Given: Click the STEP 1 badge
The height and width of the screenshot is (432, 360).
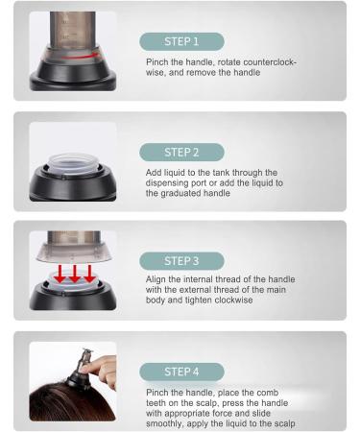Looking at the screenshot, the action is [181, 41].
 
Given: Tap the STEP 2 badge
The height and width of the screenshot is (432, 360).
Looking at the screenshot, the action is [181, 153].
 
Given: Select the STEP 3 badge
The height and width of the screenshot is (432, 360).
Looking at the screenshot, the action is [181, 261].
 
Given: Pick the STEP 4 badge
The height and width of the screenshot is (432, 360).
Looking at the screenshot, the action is [181, 372].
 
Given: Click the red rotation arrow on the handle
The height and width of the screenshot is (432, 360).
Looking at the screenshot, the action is [80, 57].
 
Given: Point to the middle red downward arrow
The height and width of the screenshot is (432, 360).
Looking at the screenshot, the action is [75, 274].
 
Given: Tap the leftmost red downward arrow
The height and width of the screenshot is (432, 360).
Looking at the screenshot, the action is [60, 274].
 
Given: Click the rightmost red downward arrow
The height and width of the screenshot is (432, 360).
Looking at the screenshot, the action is [89, 274].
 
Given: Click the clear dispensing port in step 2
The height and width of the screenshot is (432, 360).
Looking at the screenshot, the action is [72, 164].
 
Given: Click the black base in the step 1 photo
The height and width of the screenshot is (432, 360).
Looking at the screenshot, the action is [73, 75].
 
